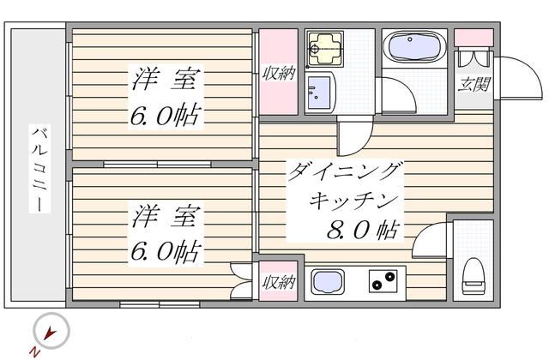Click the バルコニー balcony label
tap(39, 168)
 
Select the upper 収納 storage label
tap(278, 74)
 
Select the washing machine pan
tap(325, 48)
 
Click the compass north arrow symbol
tap(51, 332)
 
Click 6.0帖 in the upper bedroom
tap(166, 114)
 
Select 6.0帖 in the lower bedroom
tap(166, 251)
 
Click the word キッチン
tap(353, 202)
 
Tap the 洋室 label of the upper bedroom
tap(168, 82)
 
